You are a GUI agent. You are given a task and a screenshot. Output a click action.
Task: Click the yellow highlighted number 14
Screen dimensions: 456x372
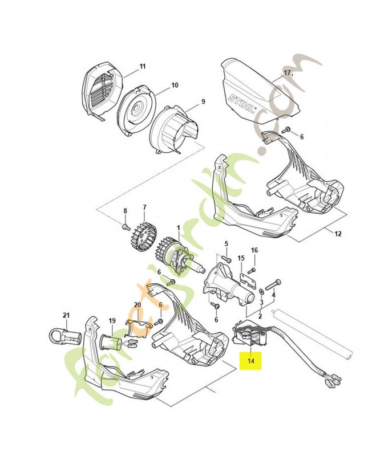250,361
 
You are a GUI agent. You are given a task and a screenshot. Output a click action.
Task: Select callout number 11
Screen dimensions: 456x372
143,67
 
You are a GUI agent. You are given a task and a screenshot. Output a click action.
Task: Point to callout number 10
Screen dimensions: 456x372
175,85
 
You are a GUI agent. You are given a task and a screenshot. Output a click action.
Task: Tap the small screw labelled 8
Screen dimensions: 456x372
124,227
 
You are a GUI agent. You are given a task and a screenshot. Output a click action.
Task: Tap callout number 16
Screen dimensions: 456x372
254,250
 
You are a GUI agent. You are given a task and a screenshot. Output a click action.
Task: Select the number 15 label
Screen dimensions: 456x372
241,258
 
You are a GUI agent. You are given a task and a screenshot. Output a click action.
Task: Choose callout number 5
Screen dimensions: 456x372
225,243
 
